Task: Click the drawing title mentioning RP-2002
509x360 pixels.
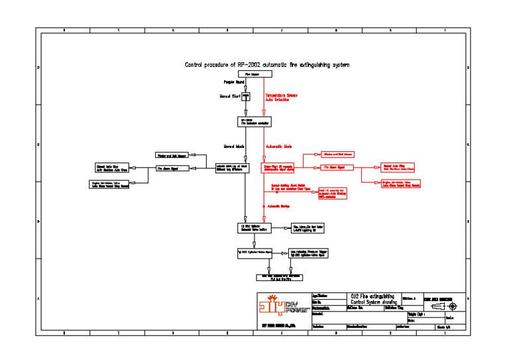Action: [x=266, y=65]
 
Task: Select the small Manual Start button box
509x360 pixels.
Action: [x=245, y=97]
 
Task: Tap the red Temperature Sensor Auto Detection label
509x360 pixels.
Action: [x=282, y=97]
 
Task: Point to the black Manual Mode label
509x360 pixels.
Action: [x=235, y=146]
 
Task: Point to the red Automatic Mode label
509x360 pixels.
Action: [x=279, y=146]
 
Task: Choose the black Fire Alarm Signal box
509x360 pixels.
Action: [x=169, y=168]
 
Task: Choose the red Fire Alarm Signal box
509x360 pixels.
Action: [x=337, y=168]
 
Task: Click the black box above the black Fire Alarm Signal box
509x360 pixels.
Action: [x=172, y=154]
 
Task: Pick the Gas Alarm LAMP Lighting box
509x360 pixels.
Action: [x=311, y=227]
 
